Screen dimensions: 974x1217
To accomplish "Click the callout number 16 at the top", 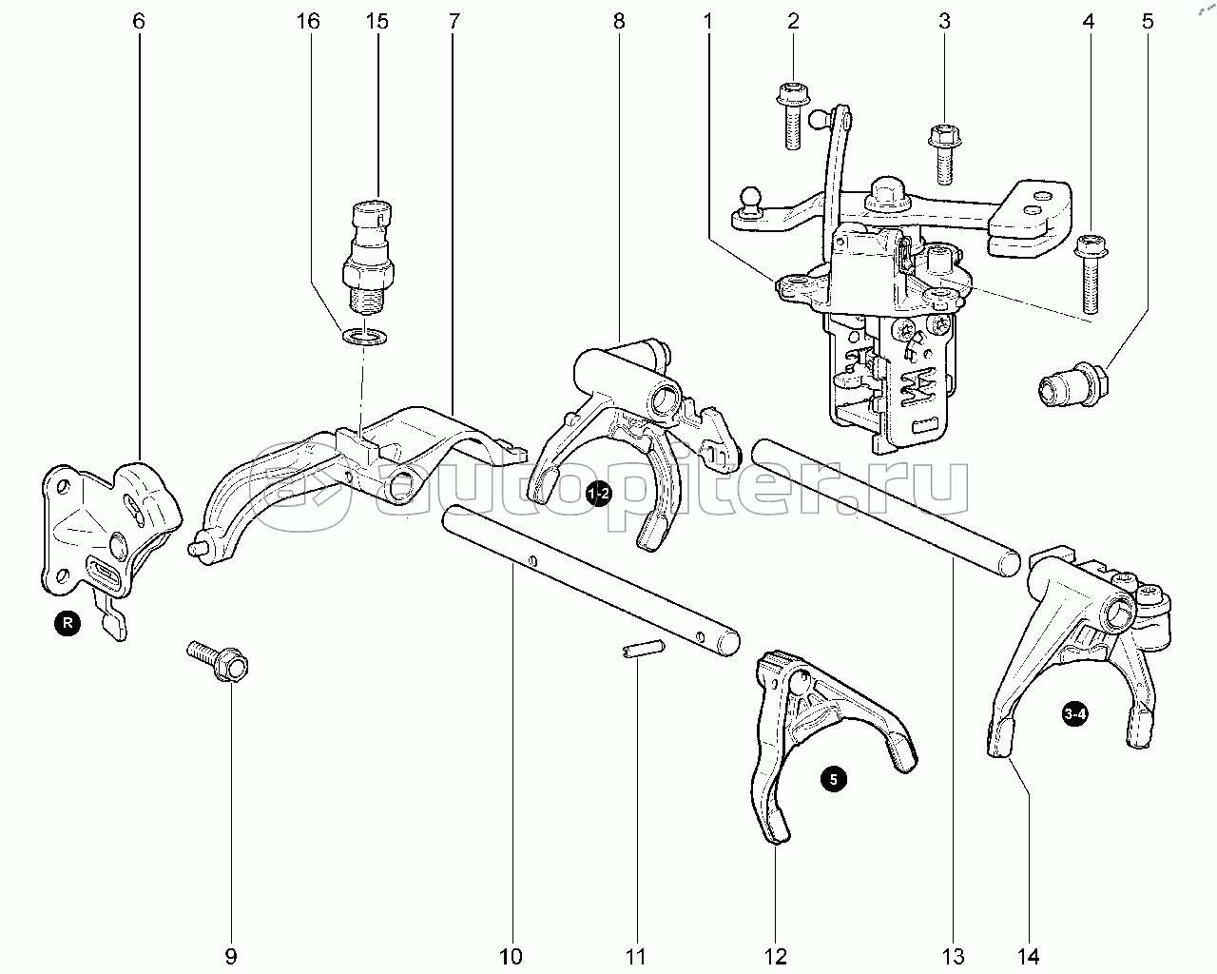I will tap(307, 22).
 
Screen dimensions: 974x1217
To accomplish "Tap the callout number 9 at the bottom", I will tap(230, 956).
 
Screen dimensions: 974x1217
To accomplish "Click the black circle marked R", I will tap(68, 624).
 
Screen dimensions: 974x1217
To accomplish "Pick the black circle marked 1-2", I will tap(598, 494).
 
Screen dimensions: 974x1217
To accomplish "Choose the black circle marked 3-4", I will tap(1075, 715).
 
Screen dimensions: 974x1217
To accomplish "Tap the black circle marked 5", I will tap(834, 779).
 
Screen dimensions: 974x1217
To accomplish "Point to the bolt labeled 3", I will tap(942, 151).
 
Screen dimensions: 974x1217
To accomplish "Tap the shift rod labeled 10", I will tap(589, 580).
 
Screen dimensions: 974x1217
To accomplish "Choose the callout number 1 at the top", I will tap(707, 22).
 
